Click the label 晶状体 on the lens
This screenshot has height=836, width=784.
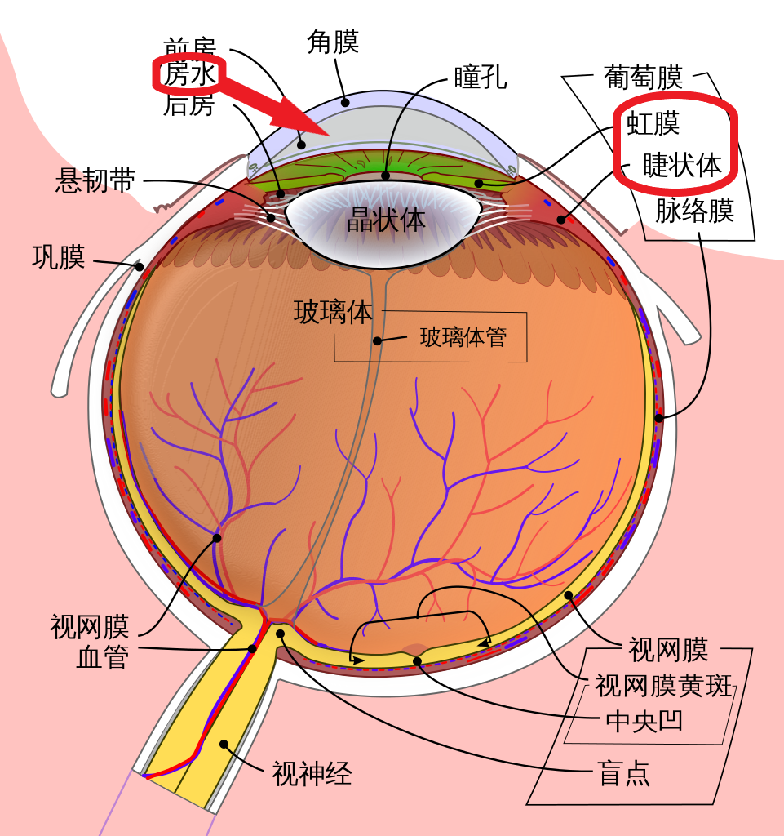[x=386, y=219]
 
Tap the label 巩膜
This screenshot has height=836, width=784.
[x=58, y=257]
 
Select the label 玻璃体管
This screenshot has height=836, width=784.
[x=463, y=337]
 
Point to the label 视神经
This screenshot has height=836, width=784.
[x=312, y=772]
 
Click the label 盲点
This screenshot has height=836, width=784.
[x=624, y=773]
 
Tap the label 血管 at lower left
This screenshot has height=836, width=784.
[x=102, y=657]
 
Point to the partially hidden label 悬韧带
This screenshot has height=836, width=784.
[x=86, y=181]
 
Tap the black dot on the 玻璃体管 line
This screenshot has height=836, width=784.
[x=377, y=340]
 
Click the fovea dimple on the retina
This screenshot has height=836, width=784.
[x=414, y=651]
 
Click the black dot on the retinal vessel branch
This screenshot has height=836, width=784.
[x=217, y=538]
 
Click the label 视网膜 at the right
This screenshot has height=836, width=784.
[x=667, y=651]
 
